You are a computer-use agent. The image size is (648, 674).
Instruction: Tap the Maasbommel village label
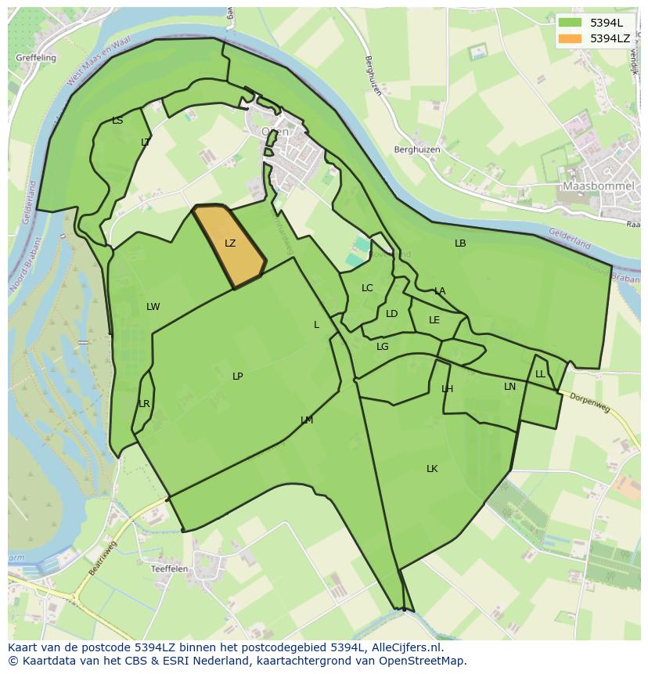(x=598, y=186)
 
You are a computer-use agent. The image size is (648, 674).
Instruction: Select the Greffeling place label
(x=36, y=58)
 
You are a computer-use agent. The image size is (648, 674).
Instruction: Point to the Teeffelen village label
(x=170, y=569)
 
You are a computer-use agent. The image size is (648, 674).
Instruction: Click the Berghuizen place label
(x=417, y=150)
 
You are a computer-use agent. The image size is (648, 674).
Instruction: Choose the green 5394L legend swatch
(x=569, y=23)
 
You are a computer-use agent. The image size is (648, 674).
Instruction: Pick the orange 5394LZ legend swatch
(x=569, y=38)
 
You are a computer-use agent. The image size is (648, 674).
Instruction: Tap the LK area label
(x=432, y=469)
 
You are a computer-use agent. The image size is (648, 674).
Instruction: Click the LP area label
(x=237, y=377)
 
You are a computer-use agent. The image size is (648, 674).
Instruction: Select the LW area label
(x=153, y=307)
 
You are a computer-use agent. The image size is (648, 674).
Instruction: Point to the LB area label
(x=460, y=243)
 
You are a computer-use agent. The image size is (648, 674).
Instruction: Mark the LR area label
(x=144, y=404)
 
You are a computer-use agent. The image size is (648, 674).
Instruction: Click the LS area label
(x=117, y=121)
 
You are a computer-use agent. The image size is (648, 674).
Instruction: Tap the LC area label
(x=367, y=288)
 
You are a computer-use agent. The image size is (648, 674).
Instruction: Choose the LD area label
(x=391, y=314)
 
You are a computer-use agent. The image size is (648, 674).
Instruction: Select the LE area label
(x=434, y=320)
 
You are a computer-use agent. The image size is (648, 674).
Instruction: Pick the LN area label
(x=509, y=387)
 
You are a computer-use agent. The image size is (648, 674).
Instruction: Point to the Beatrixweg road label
(x=103, y=558)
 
